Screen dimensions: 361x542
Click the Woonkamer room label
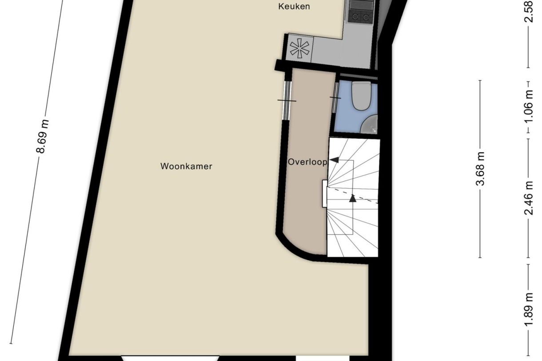(186, 167)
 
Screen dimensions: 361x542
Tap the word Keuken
(294, 6)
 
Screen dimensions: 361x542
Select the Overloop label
(307, 162)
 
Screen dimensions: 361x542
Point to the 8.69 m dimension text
(43, 136)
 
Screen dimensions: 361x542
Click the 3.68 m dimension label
(481, 169)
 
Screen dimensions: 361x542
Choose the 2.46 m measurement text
(529, 198)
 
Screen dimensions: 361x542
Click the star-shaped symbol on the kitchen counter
(300, 48)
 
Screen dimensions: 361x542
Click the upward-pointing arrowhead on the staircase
(353, 198)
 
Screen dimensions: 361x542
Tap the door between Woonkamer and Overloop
(287, 101)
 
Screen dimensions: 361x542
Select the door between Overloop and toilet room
(335, 97)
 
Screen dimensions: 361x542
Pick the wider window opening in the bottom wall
(170, 357)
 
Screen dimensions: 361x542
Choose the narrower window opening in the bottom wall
(323, 357)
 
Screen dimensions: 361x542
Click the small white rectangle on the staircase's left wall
(325, 194)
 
